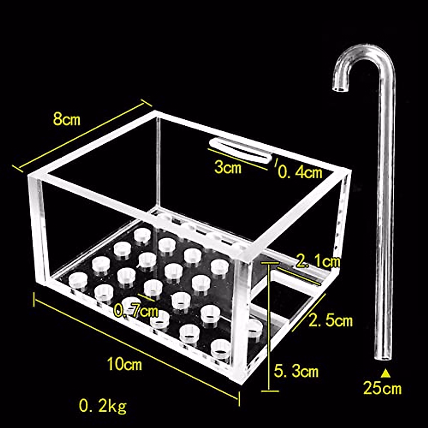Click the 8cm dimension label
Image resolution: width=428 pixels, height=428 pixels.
point(67,119)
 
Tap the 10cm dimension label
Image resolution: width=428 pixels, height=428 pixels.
point(124,364)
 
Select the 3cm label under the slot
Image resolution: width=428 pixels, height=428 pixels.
point(228,167)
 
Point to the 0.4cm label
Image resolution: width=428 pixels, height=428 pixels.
point(300,173)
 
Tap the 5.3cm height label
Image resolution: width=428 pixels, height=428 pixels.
point(296,372)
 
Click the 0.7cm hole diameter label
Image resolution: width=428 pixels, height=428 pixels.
point(136,311)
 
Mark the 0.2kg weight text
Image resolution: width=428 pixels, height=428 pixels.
point(103,406)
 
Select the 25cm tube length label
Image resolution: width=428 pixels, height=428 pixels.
point(382,388)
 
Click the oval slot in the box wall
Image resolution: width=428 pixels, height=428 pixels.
point(240,151)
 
